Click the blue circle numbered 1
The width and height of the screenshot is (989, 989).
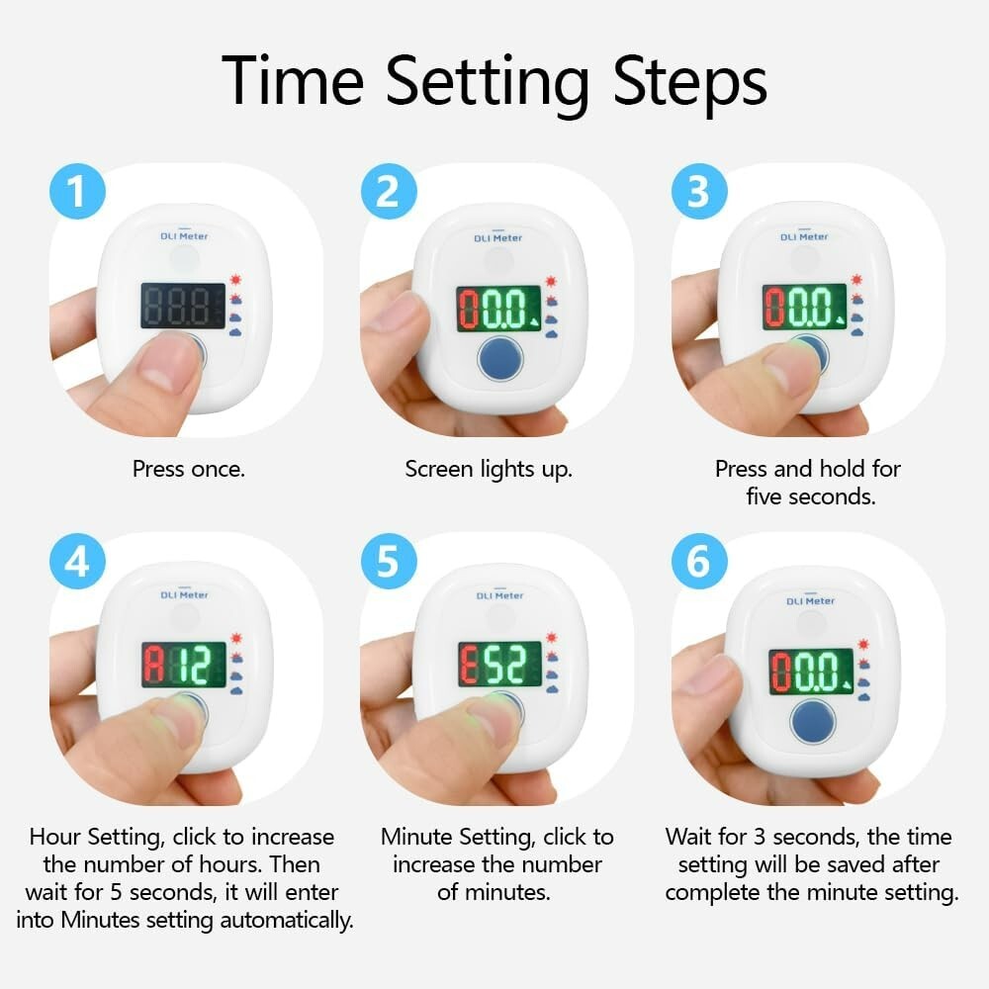click(77, 191)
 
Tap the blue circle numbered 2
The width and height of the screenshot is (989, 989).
click(389, 191)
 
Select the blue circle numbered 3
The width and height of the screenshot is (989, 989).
click(699, 191)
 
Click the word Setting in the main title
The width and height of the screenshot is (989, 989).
click(487, 83)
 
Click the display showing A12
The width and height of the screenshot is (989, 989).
click(184, 665)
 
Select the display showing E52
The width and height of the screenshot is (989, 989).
click(500, 665)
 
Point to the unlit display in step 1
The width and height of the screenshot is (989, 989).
click(183, 306)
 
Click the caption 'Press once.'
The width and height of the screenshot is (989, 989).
click(189, 469)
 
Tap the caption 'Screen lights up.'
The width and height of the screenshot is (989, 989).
click(489, 470)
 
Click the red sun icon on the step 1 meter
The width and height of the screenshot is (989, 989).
click(236, 280)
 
